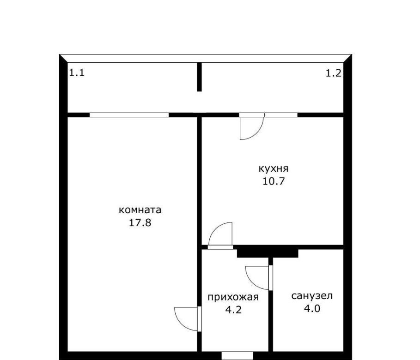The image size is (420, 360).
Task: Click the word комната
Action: [140, 210]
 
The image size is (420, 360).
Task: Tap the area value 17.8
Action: [140, 222]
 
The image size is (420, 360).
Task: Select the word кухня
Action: [274, 169]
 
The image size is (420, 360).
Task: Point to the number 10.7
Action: [274, 181]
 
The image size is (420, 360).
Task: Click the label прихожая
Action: [233, 297]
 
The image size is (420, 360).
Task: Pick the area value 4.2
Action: [234, 310]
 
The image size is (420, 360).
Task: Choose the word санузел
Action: [312, 296]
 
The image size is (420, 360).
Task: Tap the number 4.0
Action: [312, 309]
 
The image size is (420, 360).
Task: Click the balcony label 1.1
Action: [77, 73]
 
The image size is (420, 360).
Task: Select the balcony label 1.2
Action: [334, 73]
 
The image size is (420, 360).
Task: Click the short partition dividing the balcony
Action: [199, 77]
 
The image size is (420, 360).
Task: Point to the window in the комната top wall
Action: [129, 115]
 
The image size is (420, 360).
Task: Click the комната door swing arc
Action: [181, 324]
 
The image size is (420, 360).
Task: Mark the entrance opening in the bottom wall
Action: [237, 356]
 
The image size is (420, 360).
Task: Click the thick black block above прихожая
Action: [268, 253]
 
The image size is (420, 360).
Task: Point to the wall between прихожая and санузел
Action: [271, 305]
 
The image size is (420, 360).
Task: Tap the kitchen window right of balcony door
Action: [281, 115]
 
